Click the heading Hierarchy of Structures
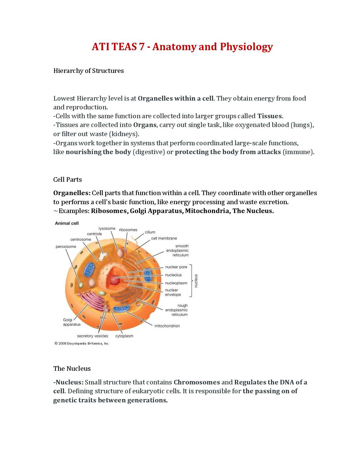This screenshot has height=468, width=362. (x=89, y=71)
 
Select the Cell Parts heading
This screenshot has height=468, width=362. (x=68, y=180)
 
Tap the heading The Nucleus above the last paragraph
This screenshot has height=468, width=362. (x=72, y=369)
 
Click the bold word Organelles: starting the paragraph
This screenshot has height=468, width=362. (x=72, y=193)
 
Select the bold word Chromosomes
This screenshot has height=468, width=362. (x=197, y=382)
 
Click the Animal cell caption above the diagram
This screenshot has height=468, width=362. (x=67, y=223)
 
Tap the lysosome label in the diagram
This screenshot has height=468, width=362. (x=107, y=229)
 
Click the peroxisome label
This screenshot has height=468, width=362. (x=66, y=246)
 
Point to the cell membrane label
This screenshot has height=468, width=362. (x=164, y=238)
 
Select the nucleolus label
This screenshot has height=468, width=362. (x=173, y=275)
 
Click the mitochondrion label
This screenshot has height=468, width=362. (x=167, y=326)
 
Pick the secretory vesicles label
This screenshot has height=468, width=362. (x=92, y=336)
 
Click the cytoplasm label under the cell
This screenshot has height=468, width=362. (x=124, y=336)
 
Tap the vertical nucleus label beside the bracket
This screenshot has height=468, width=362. (x=196, y=281)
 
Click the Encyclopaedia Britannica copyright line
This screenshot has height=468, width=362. (x=82, y=344)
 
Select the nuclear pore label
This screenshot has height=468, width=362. (x=176, y=267)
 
